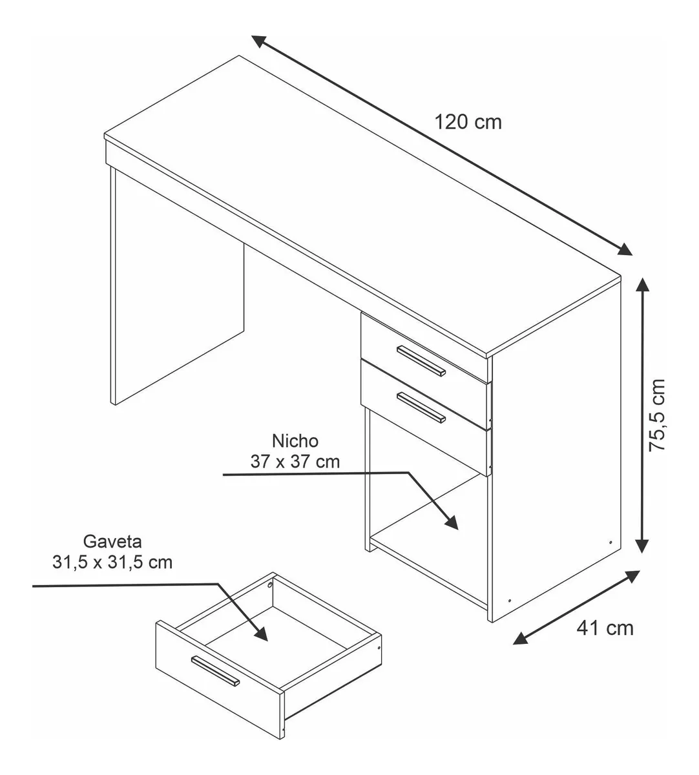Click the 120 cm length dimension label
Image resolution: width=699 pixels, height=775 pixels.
[x=468, y=123]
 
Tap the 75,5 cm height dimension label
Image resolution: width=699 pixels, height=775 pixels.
[x=657, y=415]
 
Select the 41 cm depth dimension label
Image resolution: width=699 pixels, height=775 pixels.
[x=605, y=628]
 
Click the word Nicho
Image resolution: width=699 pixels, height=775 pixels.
[x=295, y=441]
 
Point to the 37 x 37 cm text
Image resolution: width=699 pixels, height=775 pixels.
[x=295, y=462]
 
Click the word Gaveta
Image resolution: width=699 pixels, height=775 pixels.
[x=112, y=541]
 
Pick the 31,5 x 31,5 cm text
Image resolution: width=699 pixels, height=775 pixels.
[x=112, y=562]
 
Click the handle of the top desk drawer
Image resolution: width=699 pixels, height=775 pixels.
[x=421, y=361]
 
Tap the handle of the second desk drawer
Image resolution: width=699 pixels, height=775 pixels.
[x=421, y=408]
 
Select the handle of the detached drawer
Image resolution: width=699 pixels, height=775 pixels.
[x=215, y=671]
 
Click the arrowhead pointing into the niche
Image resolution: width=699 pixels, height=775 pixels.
[x=451, y=522]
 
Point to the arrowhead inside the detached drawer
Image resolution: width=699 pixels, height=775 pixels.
[x=260, y=634]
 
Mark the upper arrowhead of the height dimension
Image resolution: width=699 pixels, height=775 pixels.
[x=643, y=285]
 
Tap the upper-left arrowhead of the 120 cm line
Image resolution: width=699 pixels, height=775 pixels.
[x=260, y=41]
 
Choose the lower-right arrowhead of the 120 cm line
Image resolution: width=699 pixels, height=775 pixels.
[x=624, y=249]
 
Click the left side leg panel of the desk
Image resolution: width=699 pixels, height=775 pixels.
[x=178, y=286]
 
